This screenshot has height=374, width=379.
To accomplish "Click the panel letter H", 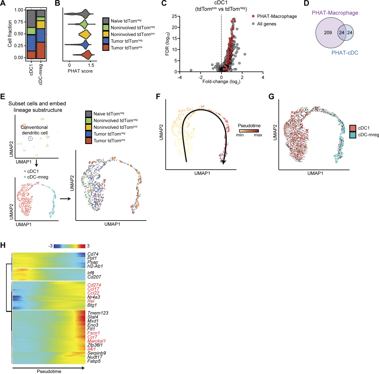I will [x=4, y=245].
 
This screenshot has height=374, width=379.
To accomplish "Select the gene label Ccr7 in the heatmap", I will [x=92, y=336].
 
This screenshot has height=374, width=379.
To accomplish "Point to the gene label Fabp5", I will [x=94, y=361].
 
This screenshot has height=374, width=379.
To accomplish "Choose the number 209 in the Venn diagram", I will [x=328, y=33].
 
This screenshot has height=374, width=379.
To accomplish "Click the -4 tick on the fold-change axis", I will [x=180, y=78].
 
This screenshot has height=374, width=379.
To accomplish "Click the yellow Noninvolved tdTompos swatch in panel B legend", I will [x=106, y=35].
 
